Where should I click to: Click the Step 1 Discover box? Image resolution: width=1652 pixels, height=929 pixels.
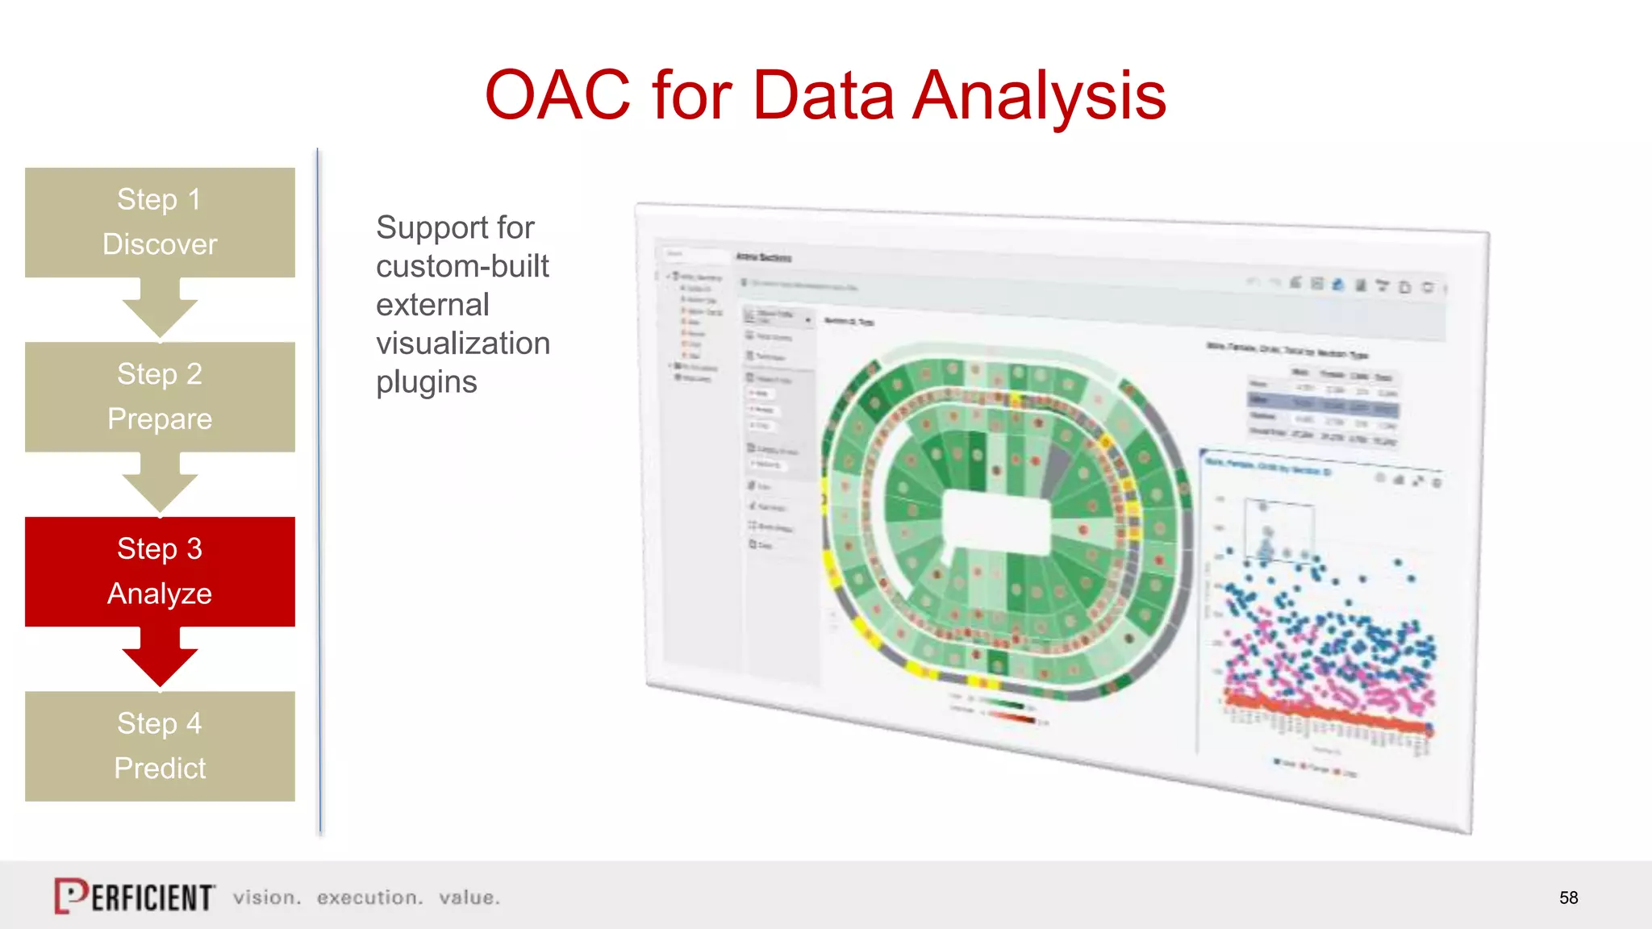click(160, 222)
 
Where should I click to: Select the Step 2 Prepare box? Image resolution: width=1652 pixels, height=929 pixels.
click(160, 396)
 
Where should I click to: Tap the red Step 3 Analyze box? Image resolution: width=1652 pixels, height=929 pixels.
click(160, 571)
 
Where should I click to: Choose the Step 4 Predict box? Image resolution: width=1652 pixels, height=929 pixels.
click(160, 745)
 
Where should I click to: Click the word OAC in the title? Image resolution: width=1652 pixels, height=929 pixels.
click(557, 95)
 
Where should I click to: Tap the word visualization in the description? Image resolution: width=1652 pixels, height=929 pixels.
click(463, 344)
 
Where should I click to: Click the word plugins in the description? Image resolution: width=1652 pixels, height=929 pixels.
click(426, 382)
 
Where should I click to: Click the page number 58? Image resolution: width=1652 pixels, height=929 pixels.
click(1568, 898)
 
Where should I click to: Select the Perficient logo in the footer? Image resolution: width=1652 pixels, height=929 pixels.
click(135, 896)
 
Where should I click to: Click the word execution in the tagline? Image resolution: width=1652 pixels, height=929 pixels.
click(369, 898)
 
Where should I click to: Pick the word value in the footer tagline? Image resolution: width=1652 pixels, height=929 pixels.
click(469, 898)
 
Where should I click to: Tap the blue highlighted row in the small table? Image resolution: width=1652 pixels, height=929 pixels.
click(1323, 402)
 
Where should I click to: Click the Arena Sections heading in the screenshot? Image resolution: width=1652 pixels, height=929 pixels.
click(763, 257)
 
